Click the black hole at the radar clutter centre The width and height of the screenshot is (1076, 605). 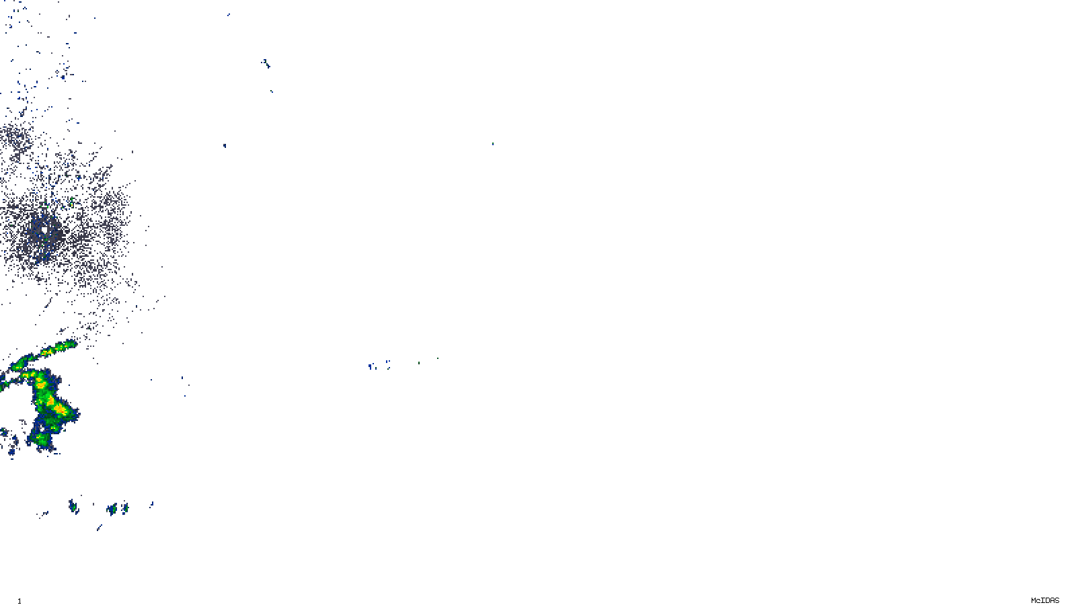pyautogui.click(x=44, y=229)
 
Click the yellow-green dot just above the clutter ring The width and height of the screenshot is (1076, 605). pyautogui.click(x=71, y=201)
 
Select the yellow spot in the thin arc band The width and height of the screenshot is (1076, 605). pyautogui.click(x=47, y=352)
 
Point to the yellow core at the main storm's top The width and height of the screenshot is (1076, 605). pyautogui.click(x=40, y=381)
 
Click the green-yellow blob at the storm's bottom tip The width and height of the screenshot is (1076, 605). pyautogui.click(x=41, y=438)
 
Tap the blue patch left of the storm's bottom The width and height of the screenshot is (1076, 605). pyautogui.click(x=12, y=444)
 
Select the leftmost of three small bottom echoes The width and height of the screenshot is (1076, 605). pyautogui.click(x=73, y=506)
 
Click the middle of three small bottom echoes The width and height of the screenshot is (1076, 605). pyautogui.click(x=112, y=509)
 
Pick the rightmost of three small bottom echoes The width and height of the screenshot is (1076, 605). pyautogui.click(x=124, y=507)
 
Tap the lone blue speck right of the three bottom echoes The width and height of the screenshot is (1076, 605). pyautogui.click(x=152, y=503)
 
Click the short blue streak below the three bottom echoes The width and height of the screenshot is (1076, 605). pyautogui.click(x=99, y=528)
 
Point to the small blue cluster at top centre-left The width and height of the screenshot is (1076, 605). pyautogui.click(x=266, y=64)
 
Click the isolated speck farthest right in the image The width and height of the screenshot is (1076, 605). pyautogui.click(x=492, y=143)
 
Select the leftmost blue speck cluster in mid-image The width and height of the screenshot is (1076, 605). pyautogui.click(x=370, y=366)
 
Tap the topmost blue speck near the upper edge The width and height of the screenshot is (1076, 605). pyautogui.click(x=229, y=14)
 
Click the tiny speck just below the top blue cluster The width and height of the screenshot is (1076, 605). pyautogui.click(x=272, y=91)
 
